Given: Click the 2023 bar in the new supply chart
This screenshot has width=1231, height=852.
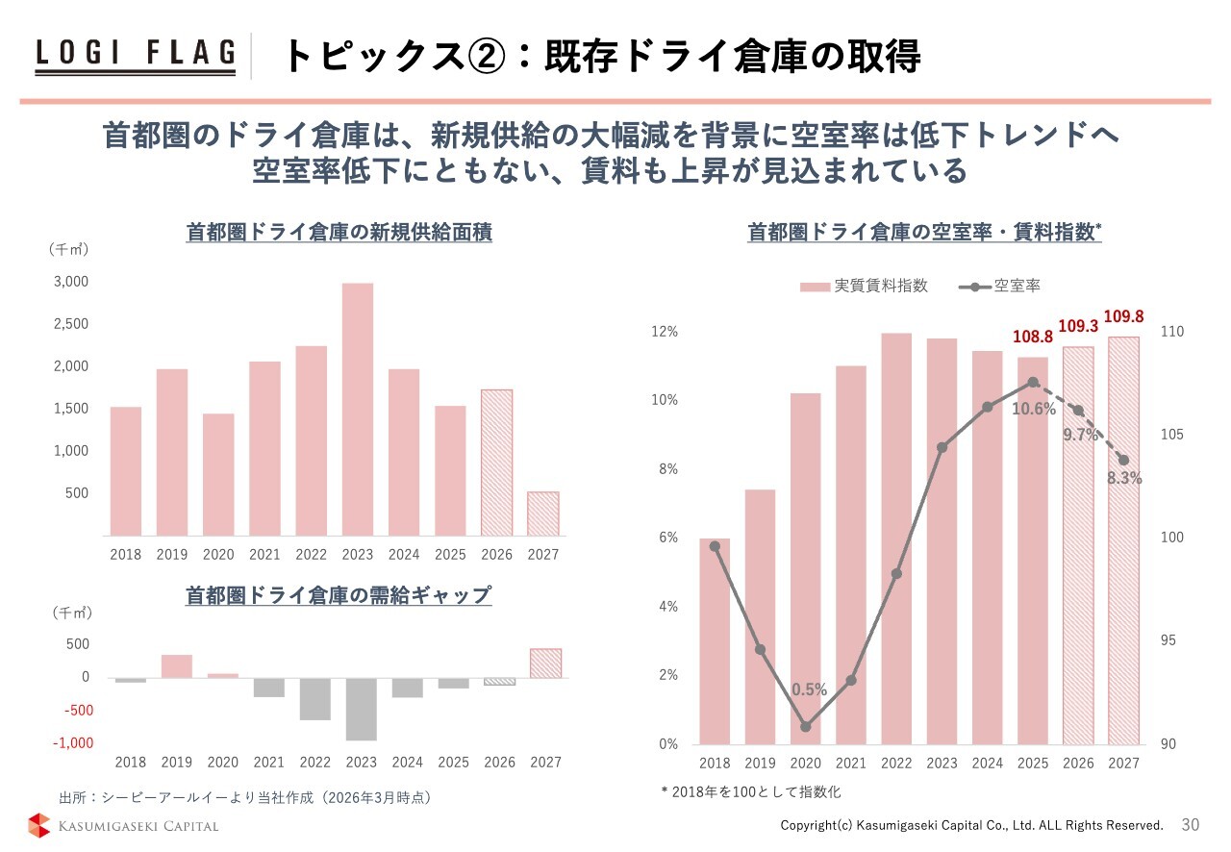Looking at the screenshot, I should click(x=358, y=409).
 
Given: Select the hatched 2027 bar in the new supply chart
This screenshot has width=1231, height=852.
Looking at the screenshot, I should click(x=542, y=514).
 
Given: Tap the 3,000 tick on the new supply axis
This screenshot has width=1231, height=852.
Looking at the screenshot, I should click(x=70, y=282).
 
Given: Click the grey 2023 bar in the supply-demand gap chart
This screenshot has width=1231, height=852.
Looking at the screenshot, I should click(x=362, y=709).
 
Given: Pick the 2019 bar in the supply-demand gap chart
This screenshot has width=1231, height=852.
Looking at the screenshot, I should click(x=177, y=666).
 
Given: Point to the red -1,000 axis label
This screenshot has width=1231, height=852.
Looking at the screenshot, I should click(x=72, y=743).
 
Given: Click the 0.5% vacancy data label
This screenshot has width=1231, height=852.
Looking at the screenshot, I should click(x=810, y=689).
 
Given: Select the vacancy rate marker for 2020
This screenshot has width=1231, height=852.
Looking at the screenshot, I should click(x=806, y=726).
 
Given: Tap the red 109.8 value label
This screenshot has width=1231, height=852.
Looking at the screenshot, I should click(x=1123, y=316).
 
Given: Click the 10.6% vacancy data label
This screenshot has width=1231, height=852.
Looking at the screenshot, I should click(x=1034, y=410).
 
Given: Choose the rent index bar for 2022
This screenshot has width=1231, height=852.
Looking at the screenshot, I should click(x=896, y=539).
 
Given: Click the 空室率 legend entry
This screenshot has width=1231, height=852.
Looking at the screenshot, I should click(x=1001, y=286).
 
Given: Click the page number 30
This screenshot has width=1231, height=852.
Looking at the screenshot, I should click(x=1191, y=825).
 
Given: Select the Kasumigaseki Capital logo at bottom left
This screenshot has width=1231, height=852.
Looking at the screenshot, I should click(x=123, y=825).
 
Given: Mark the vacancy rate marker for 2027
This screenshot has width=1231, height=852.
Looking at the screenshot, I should click(x=1123, y=460).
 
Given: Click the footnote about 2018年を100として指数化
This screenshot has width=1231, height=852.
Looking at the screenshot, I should click(x=751, y=791).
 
